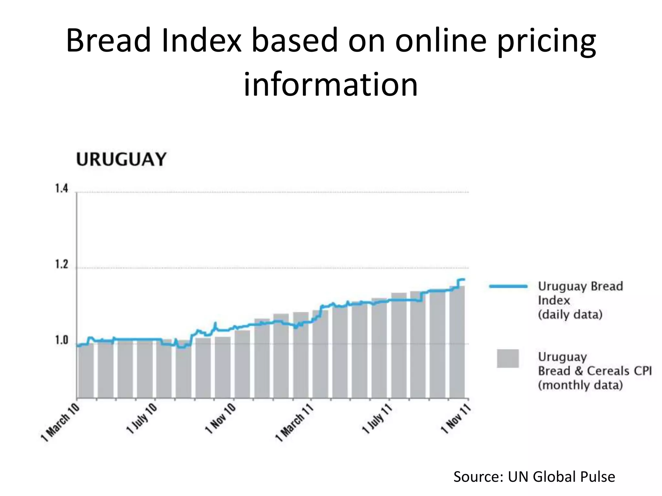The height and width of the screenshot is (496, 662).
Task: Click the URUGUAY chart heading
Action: (121, 160)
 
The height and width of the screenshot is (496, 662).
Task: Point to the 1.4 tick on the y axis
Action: (61, 189)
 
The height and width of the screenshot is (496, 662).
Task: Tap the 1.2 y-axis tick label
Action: (61, 264)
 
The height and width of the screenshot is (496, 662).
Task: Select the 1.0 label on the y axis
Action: (61, 340)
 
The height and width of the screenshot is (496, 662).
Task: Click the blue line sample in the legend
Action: (508, 286)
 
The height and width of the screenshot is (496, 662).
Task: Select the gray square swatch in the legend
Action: (508, 358)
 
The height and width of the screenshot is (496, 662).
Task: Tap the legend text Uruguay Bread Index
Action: (580, 293)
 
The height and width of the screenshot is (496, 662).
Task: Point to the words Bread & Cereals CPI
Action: (595, 371)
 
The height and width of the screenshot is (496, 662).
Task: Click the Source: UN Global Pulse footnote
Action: (534, 477)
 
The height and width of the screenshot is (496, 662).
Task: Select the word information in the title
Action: (331, 85)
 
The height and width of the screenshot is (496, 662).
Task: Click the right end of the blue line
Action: (464, 279)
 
